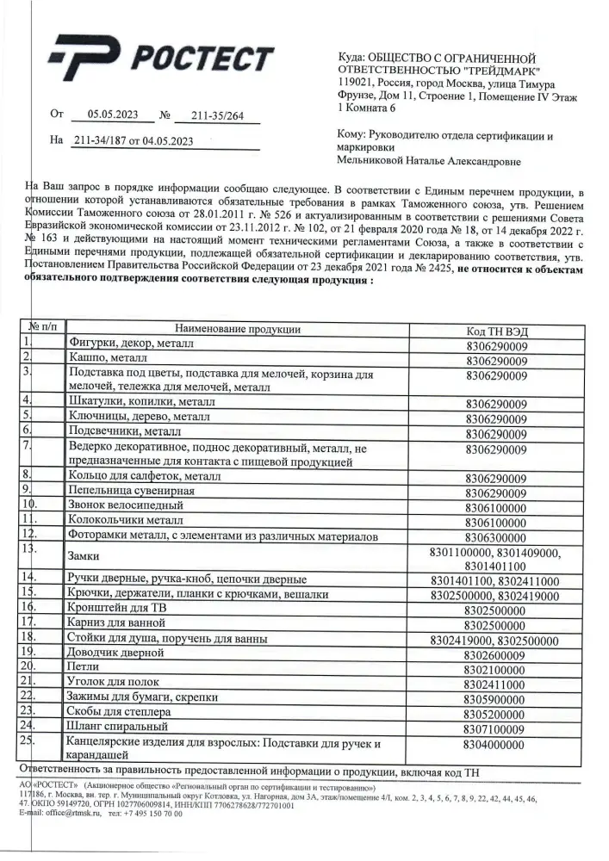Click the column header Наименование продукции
pos(238,328)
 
